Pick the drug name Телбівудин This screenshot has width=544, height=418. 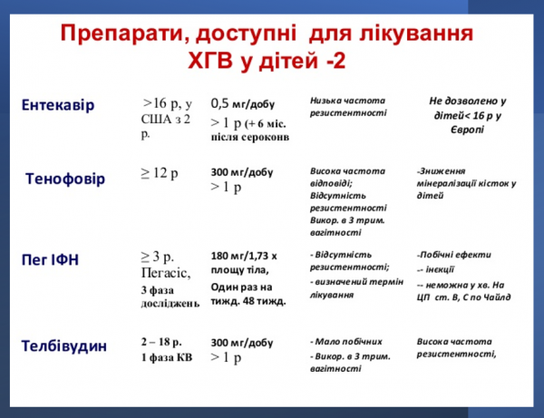(x=64, y=345)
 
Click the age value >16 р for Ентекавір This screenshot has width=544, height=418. (x=160, y=103)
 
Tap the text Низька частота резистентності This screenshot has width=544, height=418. (x=347, y=106)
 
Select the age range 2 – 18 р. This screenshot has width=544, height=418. (x=164, y=343)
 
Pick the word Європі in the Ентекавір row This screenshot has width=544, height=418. (x=466, y=130)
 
